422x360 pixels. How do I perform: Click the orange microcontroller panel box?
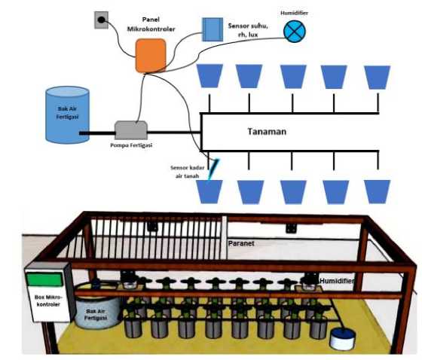pos(151,56)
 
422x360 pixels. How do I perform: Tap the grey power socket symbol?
pos(101,20)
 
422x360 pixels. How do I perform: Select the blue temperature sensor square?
pos(213,29)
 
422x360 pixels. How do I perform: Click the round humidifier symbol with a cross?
pos(295,31)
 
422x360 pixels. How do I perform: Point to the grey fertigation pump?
pos(131,130)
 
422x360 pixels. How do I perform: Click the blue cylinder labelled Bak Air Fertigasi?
pos(67,114)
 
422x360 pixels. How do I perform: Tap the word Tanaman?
pos(267,132)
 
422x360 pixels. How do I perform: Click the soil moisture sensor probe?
pos(214,169)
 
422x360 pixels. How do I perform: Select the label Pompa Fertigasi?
pos(131,145)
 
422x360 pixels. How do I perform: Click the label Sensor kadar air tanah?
pos(188,172)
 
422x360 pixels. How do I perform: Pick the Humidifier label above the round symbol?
pos(294,13)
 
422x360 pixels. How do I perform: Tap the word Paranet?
pos(241,243)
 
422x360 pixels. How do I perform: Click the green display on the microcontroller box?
pos(44,279)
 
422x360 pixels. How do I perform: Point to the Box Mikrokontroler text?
pos(48,301)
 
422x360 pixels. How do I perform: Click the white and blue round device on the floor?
pos(343,339)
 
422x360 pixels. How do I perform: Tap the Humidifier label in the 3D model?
pos(336,281)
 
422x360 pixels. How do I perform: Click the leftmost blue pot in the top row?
pos(209,75)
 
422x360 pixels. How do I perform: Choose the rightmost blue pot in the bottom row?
pos(377,191)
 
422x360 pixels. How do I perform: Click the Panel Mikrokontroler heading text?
pos(151,24)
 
